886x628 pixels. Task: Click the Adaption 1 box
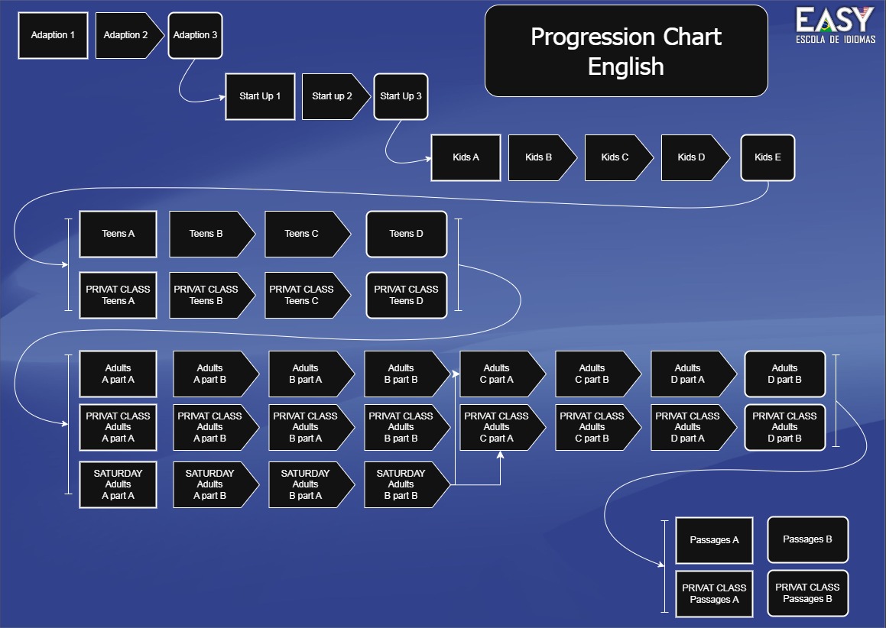(x=53, y=35)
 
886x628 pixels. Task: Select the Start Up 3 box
(x=401, y=96)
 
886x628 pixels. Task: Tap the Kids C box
(x=615, y=157)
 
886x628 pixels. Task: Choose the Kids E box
(x=768, y=157)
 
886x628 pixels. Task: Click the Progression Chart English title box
(x=626, y=51)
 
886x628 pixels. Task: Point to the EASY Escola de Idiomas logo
(x=835, y=25)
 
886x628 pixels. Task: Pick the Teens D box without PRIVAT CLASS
(x=407, y=234)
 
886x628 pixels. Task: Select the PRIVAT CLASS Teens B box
(x=206, y=295)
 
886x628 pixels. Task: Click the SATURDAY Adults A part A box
(x=118, y=484)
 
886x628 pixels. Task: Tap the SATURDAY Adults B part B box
(x=401, y=484)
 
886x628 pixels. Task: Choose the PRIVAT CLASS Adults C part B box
(x=592, y=427)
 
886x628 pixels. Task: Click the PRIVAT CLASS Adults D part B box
(x=785, y=427)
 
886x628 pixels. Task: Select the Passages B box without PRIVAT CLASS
(x=808, y=539)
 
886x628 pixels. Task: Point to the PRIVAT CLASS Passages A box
(x=714, y=594)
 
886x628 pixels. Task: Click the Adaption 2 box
(x=126, y=35)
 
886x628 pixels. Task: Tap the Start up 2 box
(x=333, y=96)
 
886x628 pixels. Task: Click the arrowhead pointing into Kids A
(x=426, y=159)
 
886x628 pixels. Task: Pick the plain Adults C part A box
(x=497, y=374)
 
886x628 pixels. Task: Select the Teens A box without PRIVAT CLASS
(x=118, y=234)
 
